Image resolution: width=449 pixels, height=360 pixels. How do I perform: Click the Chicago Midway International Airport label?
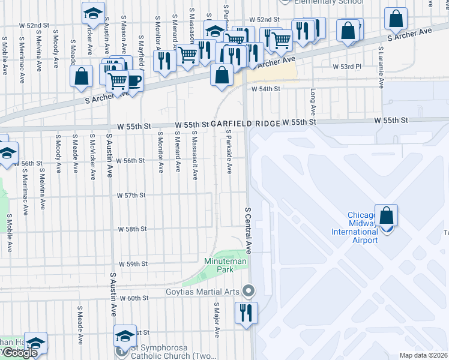pyautogui.click(x=363, y=228)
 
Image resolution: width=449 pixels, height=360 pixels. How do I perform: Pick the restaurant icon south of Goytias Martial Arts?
pyautogui.click(x=247, y=313)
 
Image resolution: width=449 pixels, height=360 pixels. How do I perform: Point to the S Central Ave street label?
pyautogui.click(x=247, y=230)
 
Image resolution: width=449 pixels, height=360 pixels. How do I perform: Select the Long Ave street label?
pyautogui.click(x=313, y=103)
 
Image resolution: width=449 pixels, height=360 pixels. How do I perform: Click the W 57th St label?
pyautogui.click(x=131, y=196)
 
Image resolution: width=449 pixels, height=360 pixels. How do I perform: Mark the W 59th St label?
pyautogui.click(x=133, y=264)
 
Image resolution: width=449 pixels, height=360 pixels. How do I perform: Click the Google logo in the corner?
pyautogui.click(x=19, y=353)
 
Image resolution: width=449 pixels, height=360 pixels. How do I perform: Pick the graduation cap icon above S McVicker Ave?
pyautogui.click(x=92, y=13)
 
